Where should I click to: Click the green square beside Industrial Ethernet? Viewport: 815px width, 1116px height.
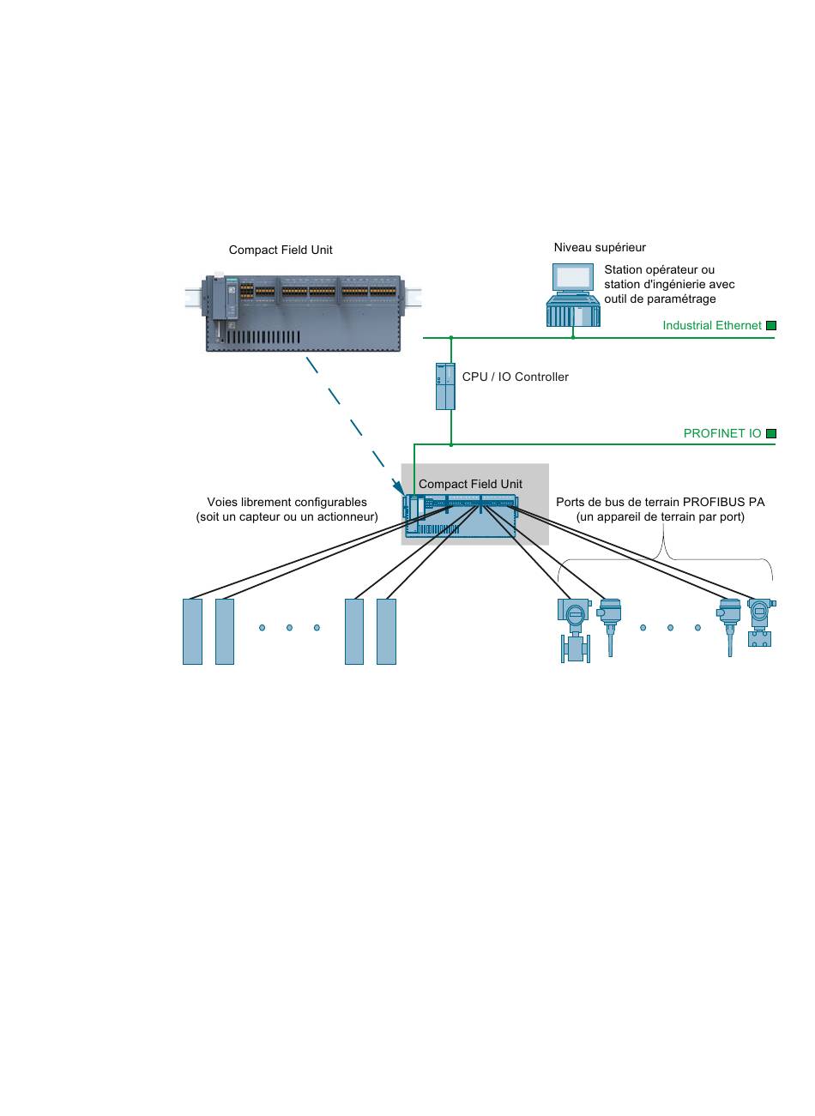click(770, 325)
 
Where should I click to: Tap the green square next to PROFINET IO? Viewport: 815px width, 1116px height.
click(770, 433)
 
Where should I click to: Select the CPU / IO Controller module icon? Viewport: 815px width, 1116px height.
click(445, 387)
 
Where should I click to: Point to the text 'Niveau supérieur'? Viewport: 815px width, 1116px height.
click(600, 247)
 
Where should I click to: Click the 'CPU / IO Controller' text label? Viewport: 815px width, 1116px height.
click(515, 377)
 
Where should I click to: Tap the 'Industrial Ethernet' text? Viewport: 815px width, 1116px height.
click(712, 325)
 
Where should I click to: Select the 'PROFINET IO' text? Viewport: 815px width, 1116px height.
click(721, 433)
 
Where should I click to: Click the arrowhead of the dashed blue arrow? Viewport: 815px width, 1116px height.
click(399, 488)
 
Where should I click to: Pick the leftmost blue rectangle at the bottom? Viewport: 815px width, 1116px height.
click(192, 631)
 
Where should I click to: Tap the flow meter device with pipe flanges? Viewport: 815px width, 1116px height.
click(575, 630)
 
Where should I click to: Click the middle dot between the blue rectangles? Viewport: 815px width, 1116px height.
click(289, 628)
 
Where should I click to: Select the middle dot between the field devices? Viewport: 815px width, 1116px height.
click(670, 628)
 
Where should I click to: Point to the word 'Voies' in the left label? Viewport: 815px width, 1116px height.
click(220, 502)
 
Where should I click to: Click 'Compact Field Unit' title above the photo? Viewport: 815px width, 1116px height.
click(281, 250)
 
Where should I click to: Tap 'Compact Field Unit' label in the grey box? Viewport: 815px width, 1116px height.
click(470, 484)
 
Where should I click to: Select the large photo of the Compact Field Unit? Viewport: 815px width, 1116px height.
click(303, 312)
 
